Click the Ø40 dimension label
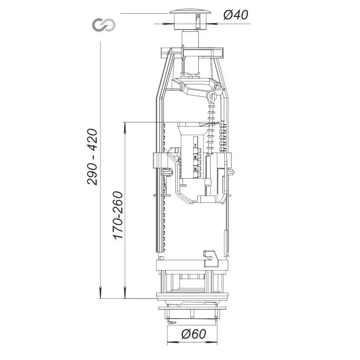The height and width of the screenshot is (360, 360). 236,15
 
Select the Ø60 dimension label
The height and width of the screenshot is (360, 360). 194,334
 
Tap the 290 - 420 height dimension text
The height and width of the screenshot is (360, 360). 93,157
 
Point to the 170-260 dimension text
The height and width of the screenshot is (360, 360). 118,215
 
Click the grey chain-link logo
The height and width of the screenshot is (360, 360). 104,25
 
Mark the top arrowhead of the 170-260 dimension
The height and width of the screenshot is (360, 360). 125,128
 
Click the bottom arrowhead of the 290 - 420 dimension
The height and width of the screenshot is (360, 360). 100,293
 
